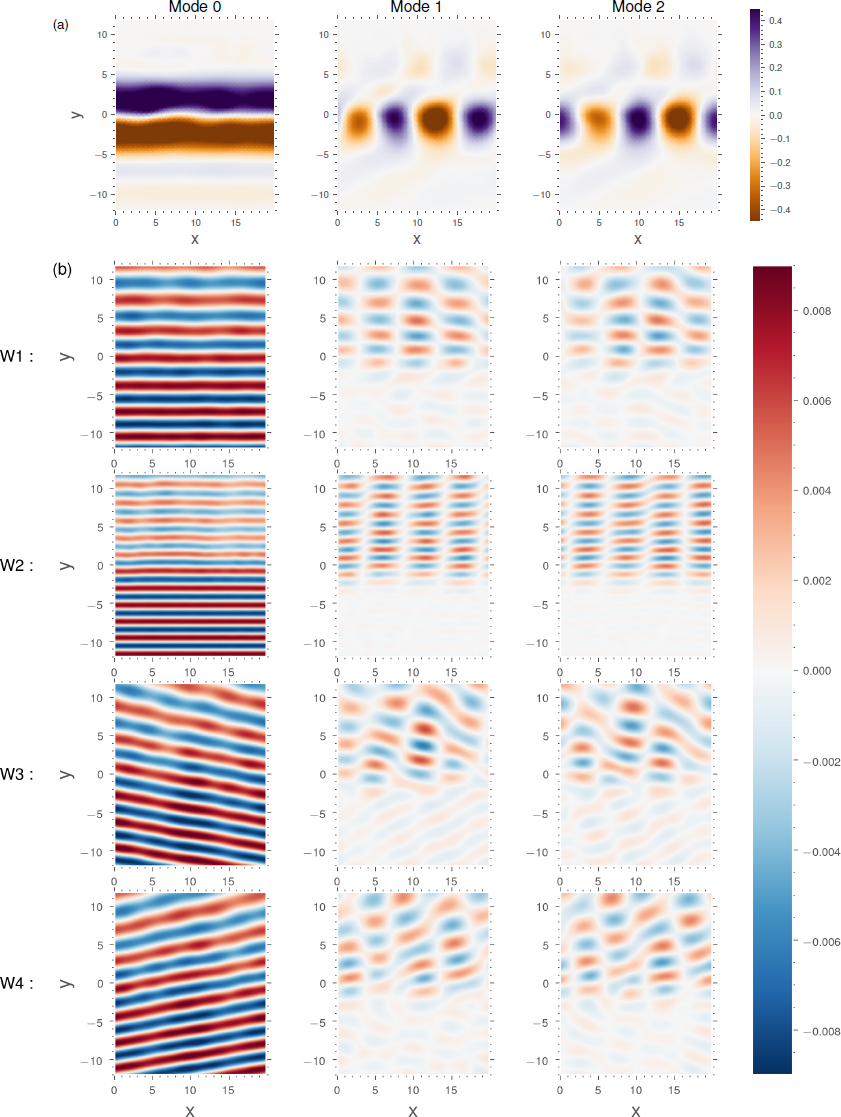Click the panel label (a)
[x=61, y=26]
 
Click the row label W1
[x=19, y=357]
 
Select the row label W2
[x=19, y=566]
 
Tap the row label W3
[x=19, y=775]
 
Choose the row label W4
[x=19, y=984]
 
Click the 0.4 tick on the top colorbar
[x=775, y=20]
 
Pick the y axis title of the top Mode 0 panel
[x=77, y=114]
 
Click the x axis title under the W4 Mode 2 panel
[x=636, y=1109]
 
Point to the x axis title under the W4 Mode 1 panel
[x=412, y=1109]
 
